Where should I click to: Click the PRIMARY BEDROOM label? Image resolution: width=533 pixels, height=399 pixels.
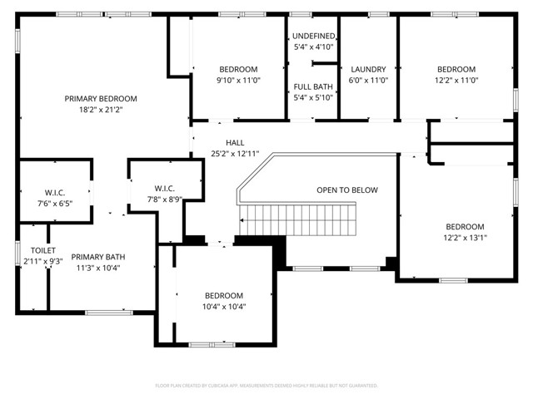101,98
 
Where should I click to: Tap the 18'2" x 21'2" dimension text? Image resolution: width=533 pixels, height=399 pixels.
101,109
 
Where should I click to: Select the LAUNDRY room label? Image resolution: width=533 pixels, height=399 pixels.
368,70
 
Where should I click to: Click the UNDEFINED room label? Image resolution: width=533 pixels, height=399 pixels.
314,37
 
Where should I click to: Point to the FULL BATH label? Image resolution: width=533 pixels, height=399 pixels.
314,86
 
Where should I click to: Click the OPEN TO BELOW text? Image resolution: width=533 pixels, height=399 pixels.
346,190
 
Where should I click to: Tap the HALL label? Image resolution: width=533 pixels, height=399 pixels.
223,143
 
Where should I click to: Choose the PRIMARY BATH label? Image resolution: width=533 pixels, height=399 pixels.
97,257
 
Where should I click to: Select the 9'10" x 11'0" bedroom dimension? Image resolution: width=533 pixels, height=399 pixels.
238,81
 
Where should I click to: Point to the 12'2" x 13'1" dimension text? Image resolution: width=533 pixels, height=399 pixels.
464,238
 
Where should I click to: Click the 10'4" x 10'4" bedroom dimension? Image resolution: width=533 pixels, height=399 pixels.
224,306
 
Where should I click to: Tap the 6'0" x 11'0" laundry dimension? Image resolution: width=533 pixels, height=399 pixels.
368,81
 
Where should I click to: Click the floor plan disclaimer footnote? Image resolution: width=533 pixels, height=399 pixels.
266,386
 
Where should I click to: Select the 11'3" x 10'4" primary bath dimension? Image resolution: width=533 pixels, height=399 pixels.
97,268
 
